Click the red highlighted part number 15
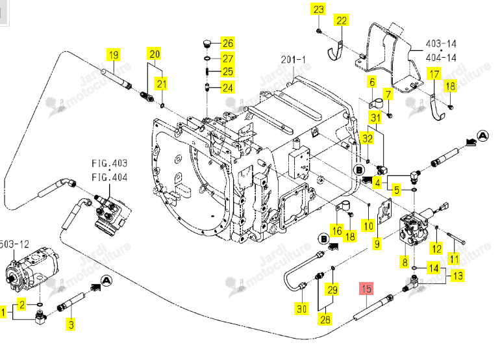[366, 289]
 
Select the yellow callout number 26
[227, 43]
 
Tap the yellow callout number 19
[113, 55]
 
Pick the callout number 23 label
[319, 9]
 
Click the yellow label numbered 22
[341, 21]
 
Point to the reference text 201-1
[293, 60]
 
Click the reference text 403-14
[441, 44]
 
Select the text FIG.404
[109, 177]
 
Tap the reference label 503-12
[14, 244]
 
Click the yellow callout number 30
[301, 309]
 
